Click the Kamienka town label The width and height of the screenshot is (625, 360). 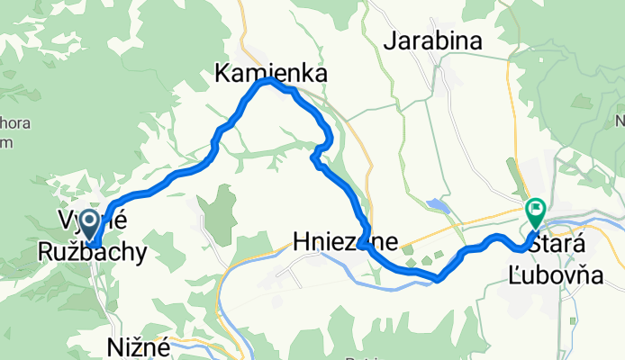(x=269, y=73)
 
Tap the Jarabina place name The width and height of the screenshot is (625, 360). (x=433, y=40)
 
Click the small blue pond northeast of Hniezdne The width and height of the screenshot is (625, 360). (x=438, y=205)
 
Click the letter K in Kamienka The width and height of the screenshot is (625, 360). (x=222, y=73)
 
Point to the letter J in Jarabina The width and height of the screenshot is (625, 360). (x=389, y=40)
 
